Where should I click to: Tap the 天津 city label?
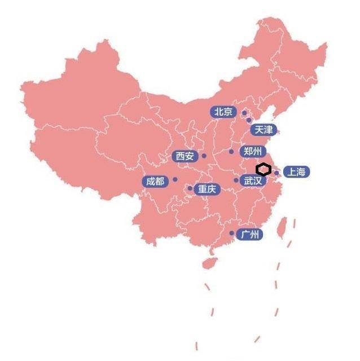click(x=262, y=130)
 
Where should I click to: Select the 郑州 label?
click(x=252, y=151)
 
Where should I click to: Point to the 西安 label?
click(x=185, y=156)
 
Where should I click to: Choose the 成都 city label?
click(x=155, y=181)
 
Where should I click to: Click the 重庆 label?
click(x=206, y=189)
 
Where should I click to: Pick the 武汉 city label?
click(x=252, y=180)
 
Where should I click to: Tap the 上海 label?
click(x=295, y=172)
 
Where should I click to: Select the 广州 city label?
click(x=249, y=234)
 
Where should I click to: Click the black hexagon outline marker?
click(x=264, y=169)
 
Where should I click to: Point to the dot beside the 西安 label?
click(x=204, y=156)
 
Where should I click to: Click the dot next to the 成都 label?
click(x=175, y=179)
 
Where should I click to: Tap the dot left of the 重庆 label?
click(x=190, y=188)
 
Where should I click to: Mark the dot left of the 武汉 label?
click(x=236, y=180)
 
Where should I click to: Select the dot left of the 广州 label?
click(x=231, y=233)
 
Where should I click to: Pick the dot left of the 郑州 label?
click(x=231, y=151)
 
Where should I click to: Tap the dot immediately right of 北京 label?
click(x=244, y=113)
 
